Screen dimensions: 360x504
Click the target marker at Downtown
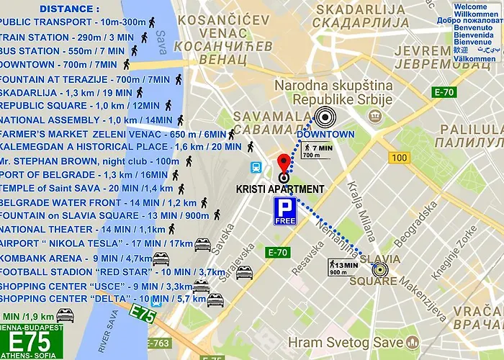tap(325, 117)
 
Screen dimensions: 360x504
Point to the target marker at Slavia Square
tap(379, 270)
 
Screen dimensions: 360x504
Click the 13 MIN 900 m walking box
tap(344, 267)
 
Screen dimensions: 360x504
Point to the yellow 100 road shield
tap(398, 157)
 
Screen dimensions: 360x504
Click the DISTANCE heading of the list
tap(70, 9)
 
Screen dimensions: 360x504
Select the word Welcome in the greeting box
tap(470, 6)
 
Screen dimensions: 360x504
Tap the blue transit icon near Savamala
tap(256, 167)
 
